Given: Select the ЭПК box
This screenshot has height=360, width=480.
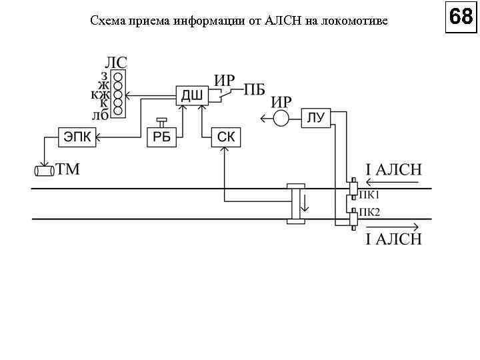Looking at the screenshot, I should click(77, 137).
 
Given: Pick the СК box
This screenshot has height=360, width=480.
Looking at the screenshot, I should click(226, 137).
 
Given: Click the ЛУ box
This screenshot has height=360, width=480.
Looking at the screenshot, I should click(316, 118).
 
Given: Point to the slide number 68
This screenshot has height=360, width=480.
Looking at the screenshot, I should click(461, 17).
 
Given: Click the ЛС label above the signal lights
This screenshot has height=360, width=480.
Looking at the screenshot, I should click(117, 62).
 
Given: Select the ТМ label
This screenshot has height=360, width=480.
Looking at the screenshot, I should click(67, 169).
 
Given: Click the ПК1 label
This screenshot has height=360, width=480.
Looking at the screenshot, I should click(369, 195).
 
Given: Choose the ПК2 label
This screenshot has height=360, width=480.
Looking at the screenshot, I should click(369, 213).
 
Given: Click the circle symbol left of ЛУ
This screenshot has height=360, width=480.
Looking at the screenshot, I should click(281, 119).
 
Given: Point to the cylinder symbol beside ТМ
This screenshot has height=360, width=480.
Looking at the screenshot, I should click(44, 171).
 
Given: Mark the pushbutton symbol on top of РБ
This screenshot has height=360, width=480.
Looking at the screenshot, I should click(161, 123).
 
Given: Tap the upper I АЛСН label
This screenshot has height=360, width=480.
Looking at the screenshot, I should click(393, 169).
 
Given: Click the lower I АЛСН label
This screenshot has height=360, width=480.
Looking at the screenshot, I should click(393, 239).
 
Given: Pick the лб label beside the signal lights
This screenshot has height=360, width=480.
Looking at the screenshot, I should click(101, 114).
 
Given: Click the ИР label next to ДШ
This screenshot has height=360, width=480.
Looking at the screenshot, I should click(224, 80).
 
